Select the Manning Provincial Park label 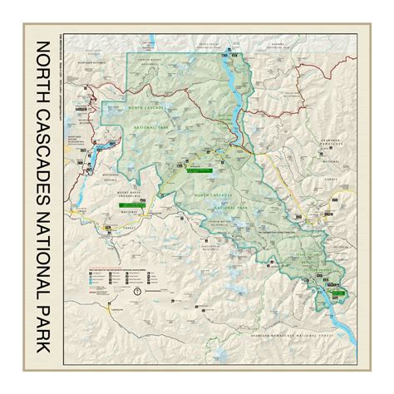point(257,52)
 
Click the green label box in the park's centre point(199,169)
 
